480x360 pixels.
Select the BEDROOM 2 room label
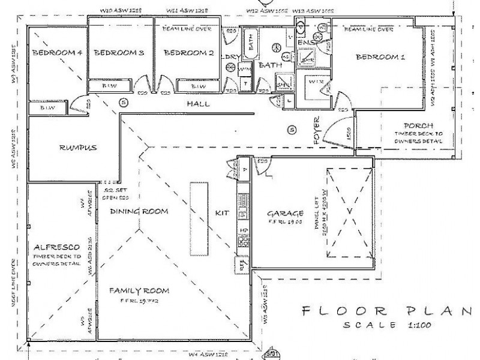pyautogui.click(x=189, y=53)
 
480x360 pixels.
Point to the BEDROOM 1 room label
pyautogui.click(x=380, y=58)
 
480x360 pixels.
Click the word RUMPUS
pyautogui.click(x=79, y=147)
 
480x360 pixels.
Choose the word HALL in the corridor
pyautogui.click(x=197, y=104)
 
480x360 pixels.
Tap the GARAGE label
pyautogui.click(x=289, y=213)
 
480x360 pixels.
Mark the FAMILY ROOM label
pyautogui.click(x=139, y=290)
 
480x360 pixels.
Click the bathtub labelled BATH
pyautogui.click(x=251, y=43)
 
